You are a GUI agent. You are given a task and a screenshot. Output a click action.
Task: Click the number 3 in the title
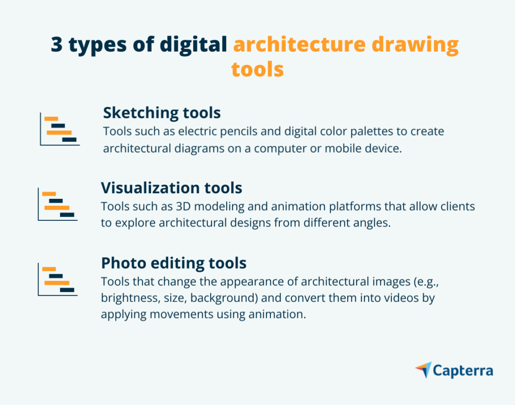tap(57, 44)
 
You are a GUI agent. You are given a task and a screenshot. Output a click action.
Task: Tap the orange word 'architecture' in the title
tap(299, 44)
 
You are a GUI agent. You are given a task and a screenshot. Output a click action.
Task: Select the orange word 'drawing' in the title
tap(415, 45)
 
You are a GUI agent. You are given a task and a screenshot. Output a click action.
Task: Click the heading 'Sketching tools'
tap(162, 113)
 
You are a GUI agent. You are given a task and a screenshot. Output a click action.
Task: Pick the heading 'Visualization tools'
tap(172, 188)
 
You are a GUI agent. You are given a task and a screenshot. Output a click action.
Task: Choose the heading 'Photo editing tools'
tap(174, 263)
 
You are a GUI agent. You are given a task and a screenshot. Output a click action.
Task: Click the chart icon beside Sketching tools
tap(60, 129)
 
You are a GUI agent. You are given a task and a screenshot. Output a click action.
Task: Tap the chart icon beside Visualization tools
tap(58, 204)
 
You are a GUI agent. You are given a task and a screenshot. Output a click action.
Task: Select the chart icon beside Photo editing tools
tap(58, 280)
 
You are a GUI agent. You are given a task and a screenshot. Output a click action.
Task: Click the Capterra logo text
tap(463, 371)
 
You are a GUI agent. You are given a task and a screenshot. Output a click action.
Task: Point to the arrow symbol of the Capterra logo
tap(423, 370)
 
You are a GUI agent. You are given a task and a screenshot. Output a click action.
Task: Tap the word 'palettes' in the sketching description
tap(371, 132)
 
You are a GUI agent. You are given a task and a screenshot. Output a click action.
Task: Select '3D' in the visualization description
tap(183, 207)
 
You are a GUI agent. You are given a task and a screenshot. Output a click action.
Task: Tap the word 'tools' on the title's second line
tap(257, 70)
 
